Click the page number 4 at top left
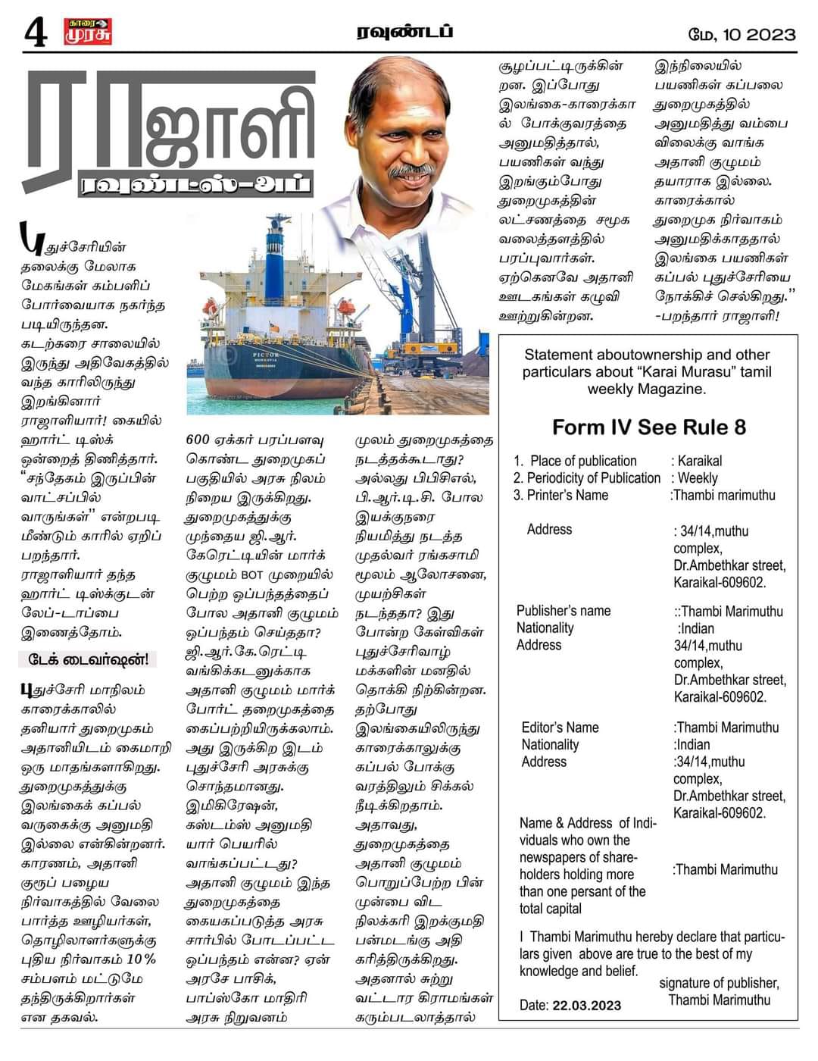35,33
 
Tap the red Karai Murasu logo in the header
87,32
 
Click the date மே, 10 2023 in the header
742,34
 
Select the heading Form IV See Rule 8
649,427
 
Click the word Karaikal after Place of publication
700,461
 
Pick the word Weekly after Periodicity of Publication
698,478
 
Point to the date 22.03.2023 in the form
587,1006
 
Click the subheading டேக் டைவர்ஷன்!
88,659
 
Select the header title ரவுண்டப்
405,32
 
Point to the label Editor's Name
560,728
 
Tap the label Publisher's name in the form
564,611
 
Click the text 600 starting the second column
198,440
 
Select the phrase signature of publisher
718,983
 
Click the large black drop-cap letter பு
30,239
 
